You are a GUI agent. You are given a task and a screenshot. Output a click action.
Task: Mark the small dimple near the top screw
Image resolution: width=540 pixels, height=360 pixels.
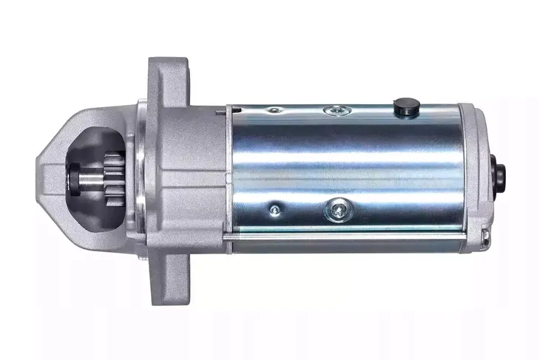click(274, 111)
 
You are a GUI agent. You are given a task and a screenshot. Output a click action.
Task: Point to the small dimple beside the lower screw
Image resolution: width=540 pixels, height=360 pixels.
click(274, 209)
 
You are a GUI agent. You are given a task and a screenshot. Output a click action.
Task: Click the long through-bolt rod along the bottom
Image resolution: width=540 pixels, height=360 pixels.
click(348, 238)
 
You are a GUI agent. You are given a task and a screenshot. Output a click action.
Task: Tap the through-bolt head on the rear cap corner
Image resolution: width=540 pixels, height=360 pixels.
click(485, 237)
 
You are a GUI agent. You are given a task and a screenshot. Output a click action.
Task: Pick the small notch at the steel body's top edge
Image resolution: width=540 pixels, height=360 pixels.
click(223, 112)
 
